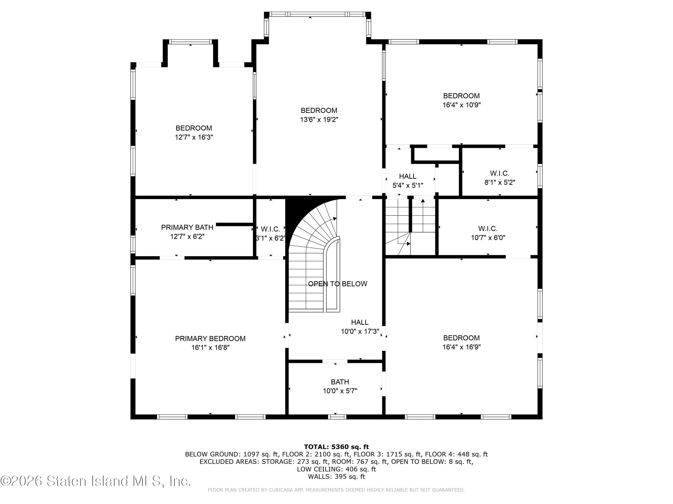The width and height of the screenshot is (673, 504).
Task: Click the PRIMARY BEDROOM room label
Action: pyautogui.click(x=210, y=338)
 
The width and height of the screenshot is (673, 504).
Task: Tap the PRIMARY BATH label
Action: pyautogui.click(x=187, y=227)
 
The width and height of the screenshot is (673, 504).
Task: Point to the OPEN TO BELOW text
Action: pyautogui.click(x=338, y=284)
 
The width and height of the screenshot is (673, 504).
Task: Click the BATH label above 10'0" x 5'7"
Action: pyautogui.click(x=340, y=382)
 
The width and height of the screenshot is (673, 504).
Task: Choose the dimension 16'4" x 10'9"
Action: pyautogui.click(x=461, y=105)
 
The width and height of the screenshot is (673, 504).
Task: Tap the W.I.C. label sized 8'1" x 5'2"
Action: pyautogui.click(x=500, y=173)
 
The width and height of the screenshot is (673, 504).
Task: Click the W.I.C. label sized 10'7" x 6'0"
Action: pyautogui.click(x=488, y=228)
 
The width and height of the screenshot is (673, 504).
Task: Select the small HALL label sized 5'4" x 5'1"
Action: pyautogui.click(x=408, y=176)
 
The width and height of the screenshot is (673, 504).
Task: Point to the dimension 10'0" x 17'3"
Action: pyautogui.click(x=360, y=331)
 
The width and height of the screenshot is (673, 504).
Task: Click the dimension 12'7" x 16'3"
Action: pyautogui.click(x=194, y=137)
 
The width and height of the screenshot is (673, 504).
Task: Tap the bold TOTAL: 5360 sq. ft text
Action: pyautogui.click(x=336, y=447)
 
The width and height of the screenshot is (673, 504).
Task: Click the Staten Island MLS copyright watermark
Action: pyautogui.click(x=96, y=481)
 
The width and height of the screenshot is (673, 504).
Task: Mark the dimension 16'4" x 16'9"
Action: pyautogui.click(x=461, y=347)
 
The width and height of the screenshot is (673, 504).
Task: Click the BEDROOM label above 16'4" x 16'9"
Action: pyautogui.click(x=461, y=338)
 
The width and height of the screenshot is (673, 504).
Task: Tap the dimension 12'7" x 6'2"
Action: pyautogui.click(x=187, y=236)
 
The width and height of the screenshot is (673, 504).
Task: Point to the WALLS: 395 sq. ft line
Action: pyautogui.click(x=336, y=476)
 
